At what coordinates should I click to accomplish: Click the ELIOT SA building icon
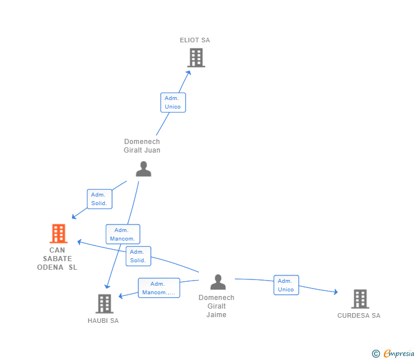pyautogui.click(x=196, y=58)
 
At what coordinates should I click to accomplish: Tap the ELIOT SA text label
pyautogui.click(x=195, y=40)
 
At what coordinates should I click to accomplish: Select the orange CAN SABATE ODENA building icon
pyautogui.click(x=58, y=233)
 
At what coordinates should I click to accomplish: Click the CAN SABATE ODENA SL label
pyautogui.click(x=57, y=259)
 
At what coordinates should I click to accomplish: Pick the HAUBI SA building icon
pyautogui.click(x=104, y=303)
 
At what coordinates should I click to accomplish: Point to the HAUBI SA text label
pyautogui.click(x=103, y=321)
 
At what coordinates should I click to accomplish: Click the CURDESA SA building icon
pyautogui.click(x=359, y=298)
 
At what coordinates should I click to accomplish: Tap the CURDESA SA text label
pyautogui.click(x=359, y=315)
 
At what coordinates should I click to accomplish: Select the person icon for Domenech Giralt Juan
pyautogui.click(x=143, y=169)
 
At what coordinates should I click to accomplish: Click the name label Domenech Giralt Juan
pyautogui.click(x=142, y=146)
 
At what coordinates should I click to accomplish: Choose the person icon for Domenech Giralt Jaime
pyautogui.click(x=218, y=282)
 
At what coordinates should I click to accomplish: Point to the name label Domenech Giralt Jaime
pyautogui.click(x=217, y=306)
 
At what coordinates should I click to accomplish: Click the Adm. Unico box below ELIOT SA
pyautogui.click(x=173, y=102)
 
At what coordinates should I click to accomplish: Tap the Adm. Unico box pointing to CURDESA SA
pyautogui.click(x=286, y=285)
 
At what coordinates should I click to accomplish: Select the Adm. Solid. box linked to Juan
pyautogui.click(x=99, y=199)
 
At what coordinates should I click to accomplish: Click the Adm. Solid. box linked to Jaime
pyautogui.click(x=138, y=256)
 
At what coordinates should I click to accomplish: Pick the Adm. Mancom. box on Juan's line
pyautogui.click(x=122, y=234)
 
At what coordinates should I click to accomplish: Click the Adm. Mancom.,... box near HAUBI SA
pyautogui.click(x=159, y=288)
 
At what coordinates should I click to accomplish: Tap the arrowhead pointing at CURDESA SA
pyautogui.click(x=335, y=293)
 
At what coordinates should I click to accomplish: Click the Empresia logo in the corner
pyautogui.click(x=393, y=354)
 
